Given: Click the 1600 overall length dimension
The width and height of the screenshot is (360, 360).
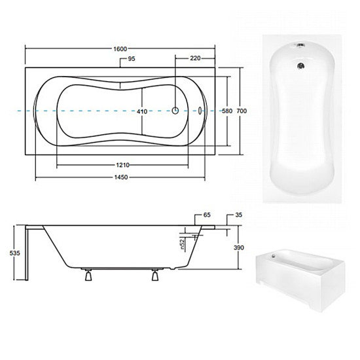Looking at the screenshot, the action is (120, 49).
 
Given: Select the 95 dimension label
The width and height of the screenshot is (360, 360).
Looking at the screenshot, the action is (132, 59).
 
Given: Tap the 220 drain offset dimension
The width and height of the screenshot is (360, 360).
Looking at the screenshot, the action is (195, 58).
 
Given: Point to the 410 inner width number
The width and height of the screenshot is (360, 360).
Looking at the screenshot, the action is (142, 111).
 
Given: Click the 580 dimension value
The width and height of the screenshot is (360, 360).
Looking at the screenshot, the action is (227, 111).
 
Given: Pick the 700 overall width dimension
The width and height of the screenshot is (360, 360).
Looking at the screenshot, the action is (242, 111).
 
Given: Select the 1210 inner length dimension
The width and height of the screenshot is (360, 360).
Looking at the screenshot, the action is (123, 165).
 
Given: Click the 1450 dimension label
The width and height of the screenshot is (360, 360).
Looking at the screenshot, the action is (121, 177).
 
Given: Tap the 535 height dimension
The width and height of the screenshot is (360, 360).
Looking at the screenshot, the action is (14, 253).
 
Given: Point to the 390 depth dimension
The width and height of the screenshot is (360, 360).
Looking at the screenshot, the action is (239, 247).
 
